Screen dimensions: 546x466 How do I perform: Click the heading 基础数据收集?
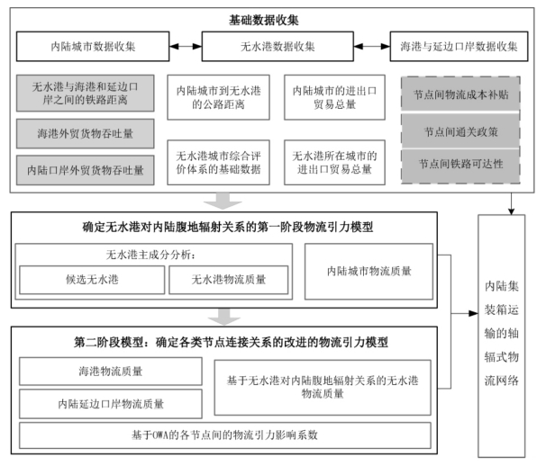[264, 20]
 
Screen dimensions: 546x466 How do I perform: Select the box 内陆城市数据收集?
[93, 46]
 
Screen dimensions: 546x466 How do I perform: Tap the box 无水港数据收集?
[278, 46]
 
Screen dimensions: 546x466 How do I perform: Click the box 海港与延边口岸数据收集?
[459, 46]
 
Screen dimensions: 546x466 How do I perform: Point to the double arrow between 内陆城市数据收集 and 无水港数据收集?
[186, 46]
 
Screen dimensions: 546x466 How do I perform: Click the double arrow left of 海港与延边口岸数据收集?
[372, 46]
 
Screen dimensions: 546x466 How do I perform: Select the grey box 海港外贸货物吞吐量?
[86, 133]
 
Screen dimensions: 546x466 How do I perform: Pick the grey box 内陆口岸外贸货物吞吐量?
[86, 170]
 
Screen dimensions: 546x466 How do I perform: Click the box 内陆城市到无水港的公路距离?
[218, 97]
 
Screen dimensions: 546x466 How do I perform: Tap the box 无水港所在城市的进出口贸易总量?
[334, 163]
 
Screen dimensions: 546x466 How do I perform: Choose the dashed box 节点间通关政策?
[460, 132]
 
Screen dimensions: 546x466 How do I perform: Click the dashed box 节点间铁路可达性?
[460, 164]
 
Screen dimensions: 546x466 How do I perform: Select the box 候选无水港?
[92, 280]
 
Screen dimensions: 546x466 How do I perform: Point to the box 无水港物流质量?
[229, 280]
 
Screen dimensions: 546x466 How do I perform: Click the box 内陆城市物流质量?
[369, 272]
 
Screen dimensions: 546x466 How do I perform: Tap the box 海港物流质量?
[111, 372]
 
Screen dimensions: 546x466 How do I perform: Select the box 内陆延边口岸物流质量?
[111, 404]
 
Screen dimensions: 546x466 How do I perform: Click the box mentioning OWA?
[225, 435]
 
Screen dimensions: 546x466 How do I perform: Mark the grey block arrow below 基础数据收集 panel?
[223, 201]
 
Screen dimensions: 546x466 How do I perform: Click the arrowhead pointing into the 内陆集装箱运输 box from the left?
[474, 313]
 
